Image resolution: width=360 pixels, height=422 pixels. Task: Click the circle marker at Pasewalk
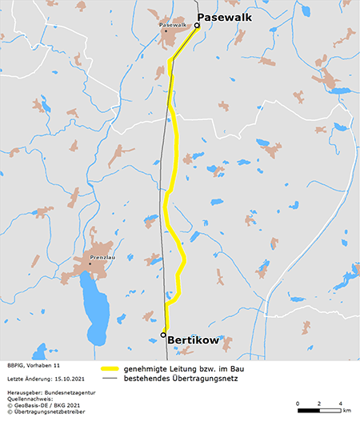click(198, 26)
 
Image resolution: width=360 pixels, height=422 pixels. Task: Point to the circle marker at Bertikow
click(163, 335)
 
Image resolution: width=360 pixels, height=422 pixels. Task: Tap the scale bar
click(318, 410)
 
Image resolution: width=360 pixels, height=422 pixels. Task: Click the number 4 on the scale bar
click(341, 402)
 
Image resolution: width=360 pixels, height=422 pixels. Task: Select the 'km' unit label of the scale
click(346, 410)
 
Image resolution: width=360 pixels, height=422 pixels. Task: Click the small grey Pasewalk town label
click(173, 25)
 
